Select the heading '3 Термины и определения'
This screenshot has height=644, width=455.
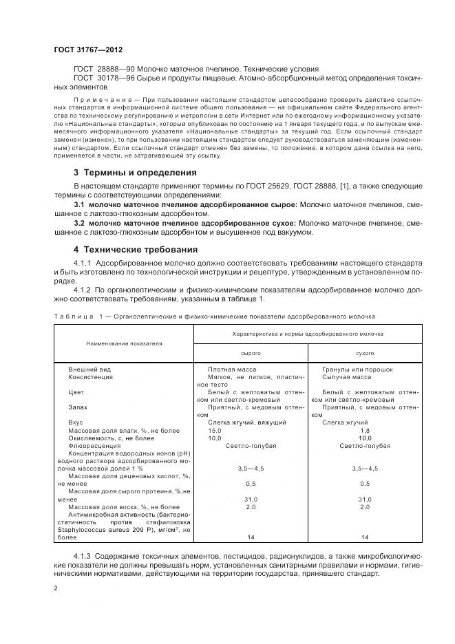(x=135, y=172)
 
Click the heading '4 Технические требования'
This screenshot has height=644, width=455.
(x=136, y=249)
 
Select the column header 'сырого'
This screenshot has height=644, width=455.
(x=250, y=352)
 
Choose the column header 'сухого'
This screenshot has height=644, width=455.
(x=364, y=352)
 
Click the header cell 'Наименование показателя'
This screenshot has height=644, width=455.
(x=124, y=342)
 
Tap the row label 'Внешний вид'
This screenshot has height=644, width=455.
(x=89, y=369)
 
